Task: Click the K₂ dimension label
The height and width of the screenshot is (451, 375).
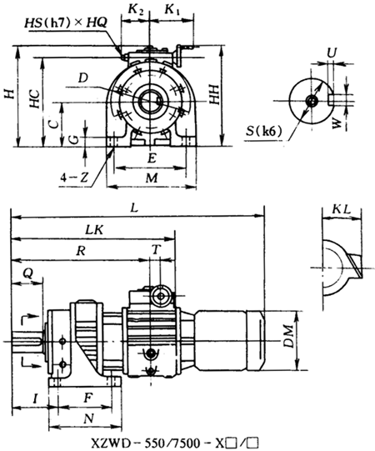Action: (x=135, y=10)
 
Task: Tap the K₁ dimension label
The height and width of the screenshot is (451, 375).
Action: (x=172, y=10)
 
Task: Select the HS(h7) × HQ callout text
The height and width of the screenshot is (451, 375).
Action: (x=66, y=23)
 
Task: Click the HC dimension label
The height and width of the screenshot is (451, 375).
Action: (x=36, y=98)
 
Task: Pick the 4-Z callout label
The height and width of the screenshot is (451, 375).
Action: (x=74, y=178)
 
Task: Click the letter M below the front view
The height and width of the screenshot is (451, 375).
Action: (x=152, y=178)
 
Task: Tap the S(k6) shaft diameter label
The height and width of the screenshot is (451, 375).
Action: (x=263, y=131)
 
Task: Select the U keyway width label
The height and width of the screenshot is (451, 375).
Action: (x=332, y=53)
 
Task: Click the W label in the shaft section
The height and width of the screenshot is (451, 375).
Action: (x=337, y=123)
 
